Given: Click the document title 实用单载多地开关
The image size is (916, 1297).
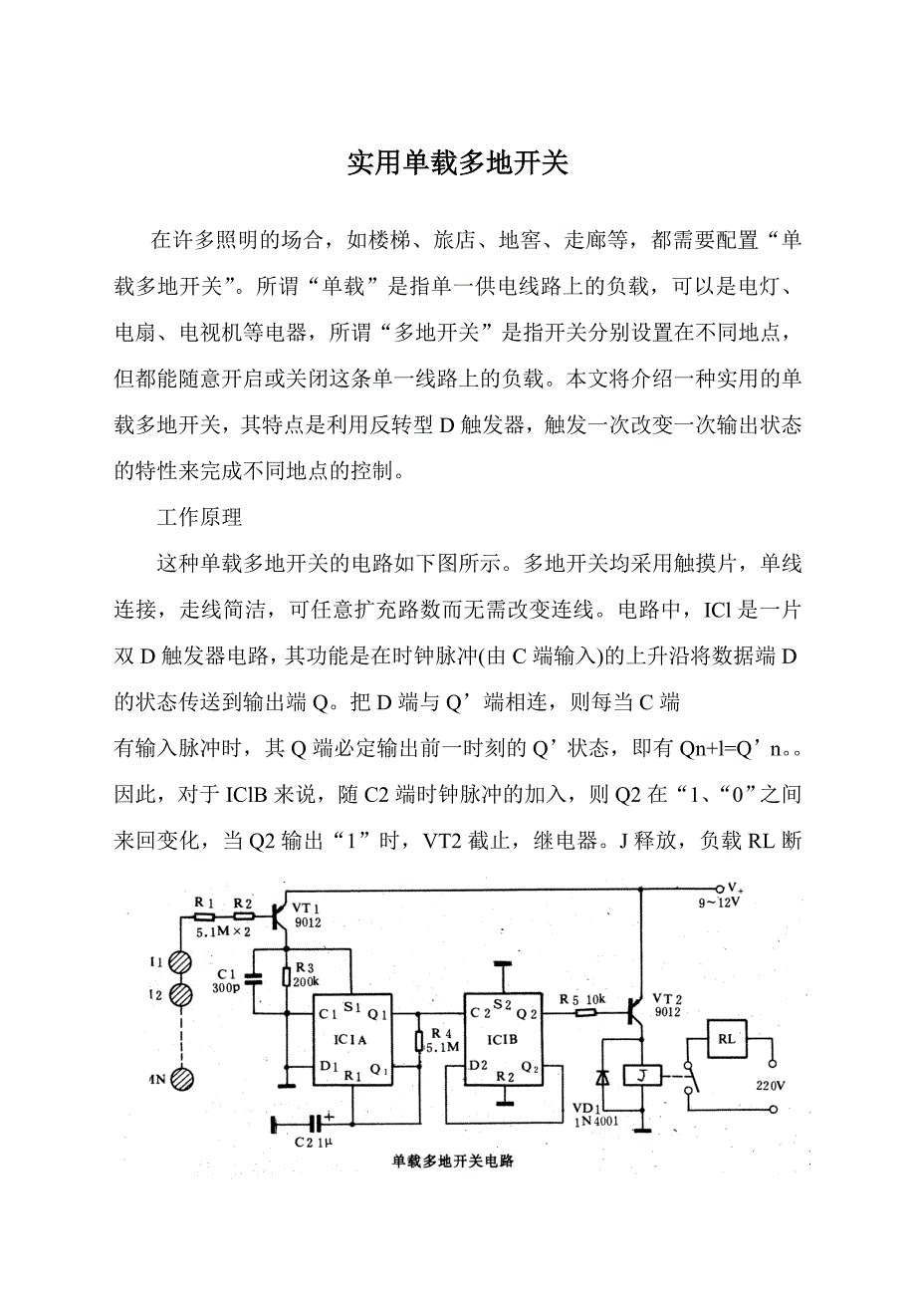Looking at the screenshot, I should pyautogui.click(x=457, y=164).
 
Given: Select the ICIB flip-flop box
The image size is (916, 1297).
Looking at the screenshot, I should pyautogui.click(x=507, y=1040).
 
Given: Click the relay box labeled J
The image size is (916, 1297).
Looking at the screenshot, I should pyautogui.click(x=641, y=1075).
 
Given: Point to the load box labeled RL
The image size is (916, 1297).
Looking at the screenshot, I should pyautogui.click(x=727, y=1038).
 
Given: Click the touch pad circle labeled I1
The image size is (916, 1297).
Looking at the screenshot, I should pyautogui.click(x=180, y=962).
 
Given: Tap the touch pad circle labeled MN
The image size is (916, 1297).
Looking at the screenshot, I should pyautogui.click(x=180, y=1079).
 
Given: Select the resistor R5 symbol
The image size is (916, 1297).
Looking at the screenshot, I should pyautogui.click(x=585, y=1013).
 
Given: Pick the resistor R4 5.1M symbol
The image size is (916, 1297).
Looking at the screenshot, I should pyautogui.click(x=419, y=1041).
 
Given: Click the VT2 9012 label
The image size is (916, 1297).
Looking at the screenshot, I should pyautogui.click(x=669, y=1003).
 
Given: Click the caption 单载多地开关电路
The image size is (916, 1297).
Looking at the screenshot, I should pyautogui.click(x=452, y=1162).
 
